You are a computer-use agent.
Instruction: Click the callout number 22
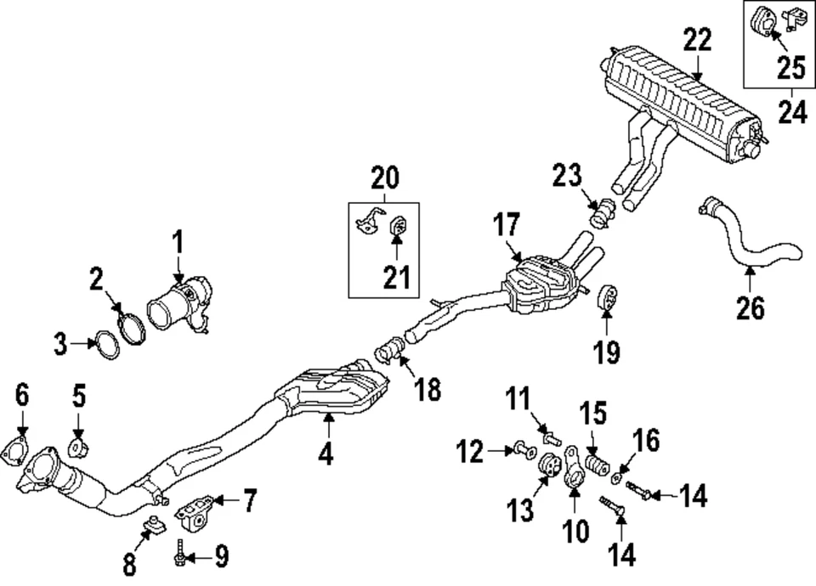pyautogui.click(x=697, y=40)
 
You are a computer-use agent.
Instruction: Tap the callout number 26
pyautogui.click(x=751, y=307)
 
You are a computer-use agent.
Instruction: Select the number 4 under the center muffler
pyautogui.click(x=326, y=455)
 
